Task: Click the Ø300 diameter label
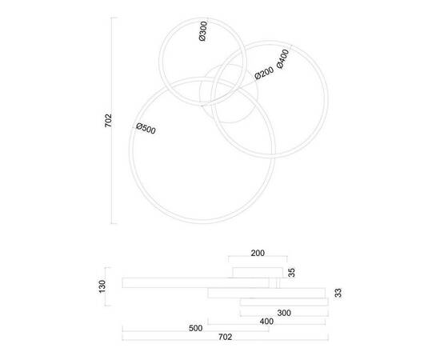click(203, 31)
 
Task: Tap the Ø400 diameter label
click(283, 59)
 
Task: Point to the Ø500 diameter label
click(146, 129)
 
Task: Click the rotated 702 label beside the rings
click(108, 121)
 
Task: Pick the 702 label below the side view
click(225, 337)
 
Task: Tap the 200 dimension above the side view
click(258, 253)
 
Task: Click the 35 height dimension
click(292, 273)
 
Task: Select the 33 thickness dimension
click(338, 294)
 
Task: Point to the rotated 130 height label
click(102, 286)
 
